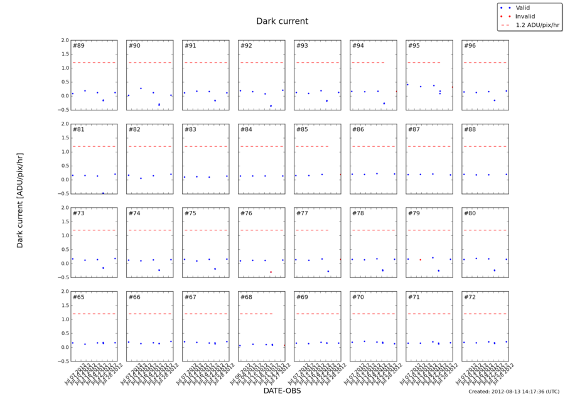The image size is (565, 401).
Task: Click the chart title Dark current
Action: coord(282,21)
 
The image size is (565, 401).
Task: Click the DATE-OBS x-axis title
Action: coord(282,390)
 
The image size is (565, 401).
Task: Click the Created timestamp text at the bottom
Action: coord(514,392)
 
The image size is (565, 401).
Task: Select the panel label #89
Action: coord(78,46)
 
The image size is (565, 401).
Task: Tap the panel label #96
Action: coord(470,46)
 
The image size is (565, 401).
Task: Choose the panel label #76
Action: coord(246,213)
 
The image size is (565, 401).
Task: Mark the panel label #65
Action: coord(78,297)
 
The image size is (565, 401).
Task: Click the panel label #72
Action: coord(470,297)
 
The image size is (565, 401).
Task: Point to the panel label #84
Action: coord(246,129)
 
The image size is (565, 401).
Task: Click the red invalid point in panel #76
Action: coord(271,272)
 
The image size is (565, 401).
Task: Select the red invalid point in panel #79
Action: coord(420,260)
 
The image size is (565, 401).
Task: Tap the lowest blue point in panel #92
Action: coord(271,105)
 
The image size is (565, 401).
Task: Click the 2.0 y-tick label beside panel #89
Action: coord(64,40)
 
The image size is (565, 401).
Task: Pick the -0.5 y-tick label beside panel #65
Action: coord(63,361)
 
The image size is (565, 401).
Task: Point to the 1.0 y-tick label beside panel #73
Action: coord(64,235)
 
